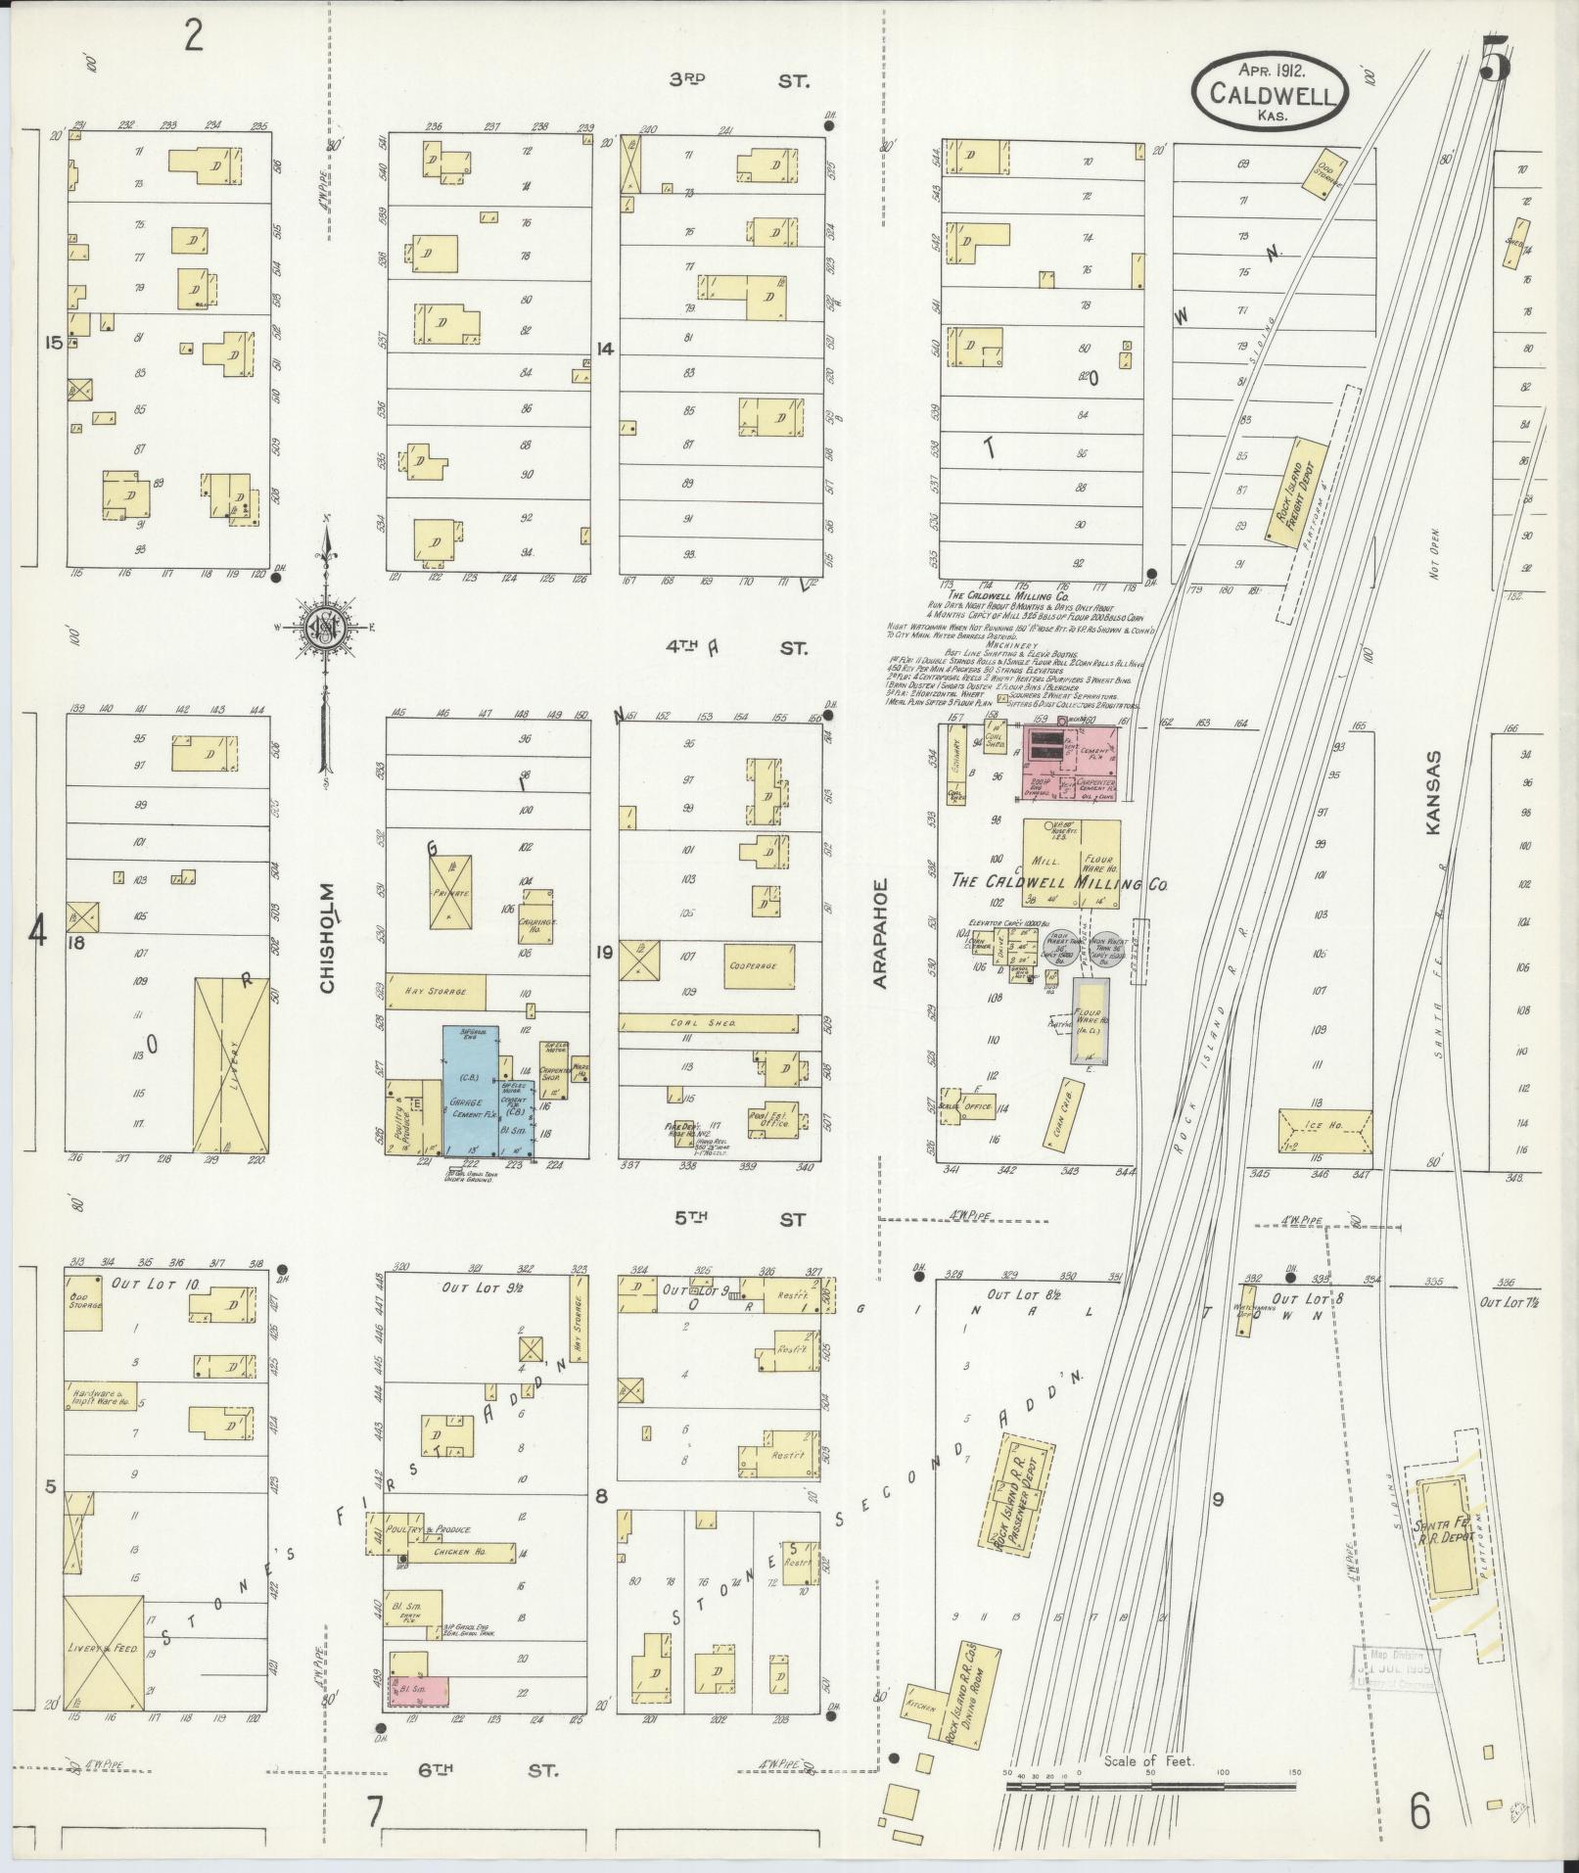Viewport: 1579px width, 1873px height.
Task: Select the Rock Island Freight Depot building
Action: [x=1295, y=490]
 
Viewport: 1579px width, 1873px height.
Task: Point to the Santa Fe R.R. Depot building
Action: [x=1442, y=1564]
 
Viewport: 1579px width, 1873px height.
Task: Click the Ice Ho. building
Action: [x=1324, y=1131]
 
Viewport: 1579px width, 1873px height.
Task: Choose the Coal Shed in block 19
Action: [x=709, y=1022]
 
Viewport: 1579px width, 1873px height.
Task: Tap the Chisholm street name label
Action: [x=327, y=938]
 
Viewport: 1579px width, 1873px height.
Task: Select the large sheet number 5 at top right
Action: [x=1494, y=61]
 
